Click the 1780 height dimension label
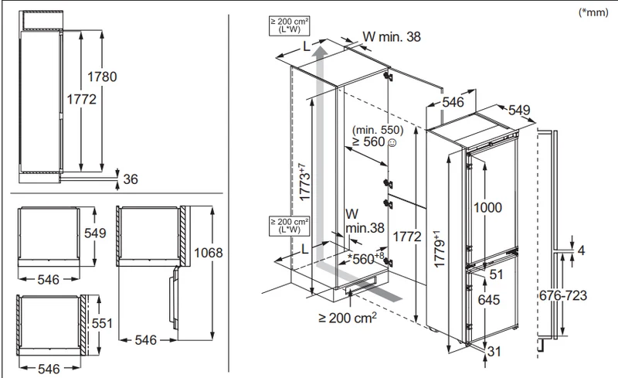pos(102,77)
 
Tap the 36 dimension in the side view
pos(131,179)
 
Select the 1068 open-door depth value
pos(209,253)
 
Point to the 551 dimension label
pos(102,323)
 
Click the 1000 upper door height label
pos(487,207)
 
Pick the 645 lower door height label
pos(489,300)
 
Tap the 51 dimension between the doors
pos(496,274)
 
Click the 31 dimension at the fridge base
pos(494,351)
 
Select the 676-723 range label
pos(563,295)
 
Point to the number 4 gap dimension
pos(582,250)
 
